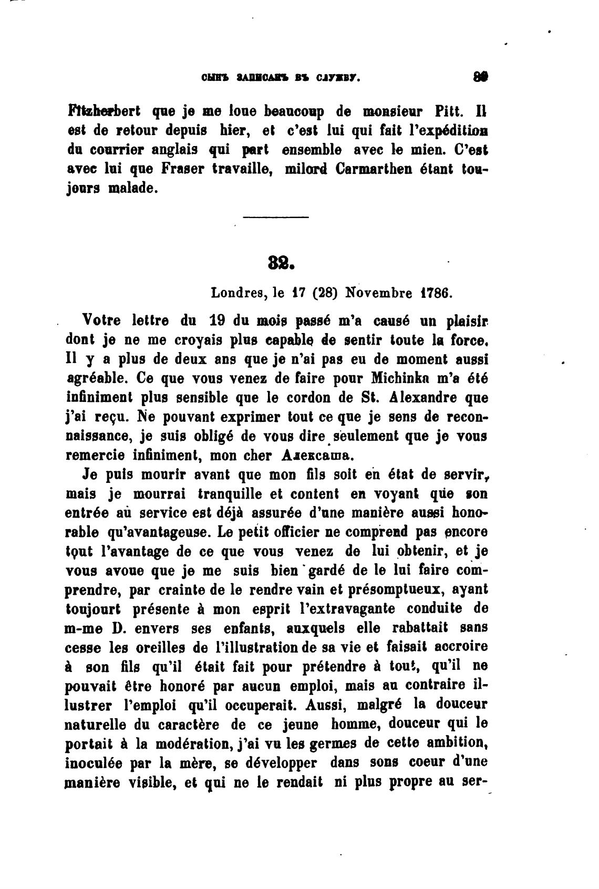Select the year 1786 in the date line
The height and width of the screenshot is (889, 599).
[436, 293]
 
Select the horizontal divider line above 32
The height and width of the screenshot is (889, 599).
[276, 217]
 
